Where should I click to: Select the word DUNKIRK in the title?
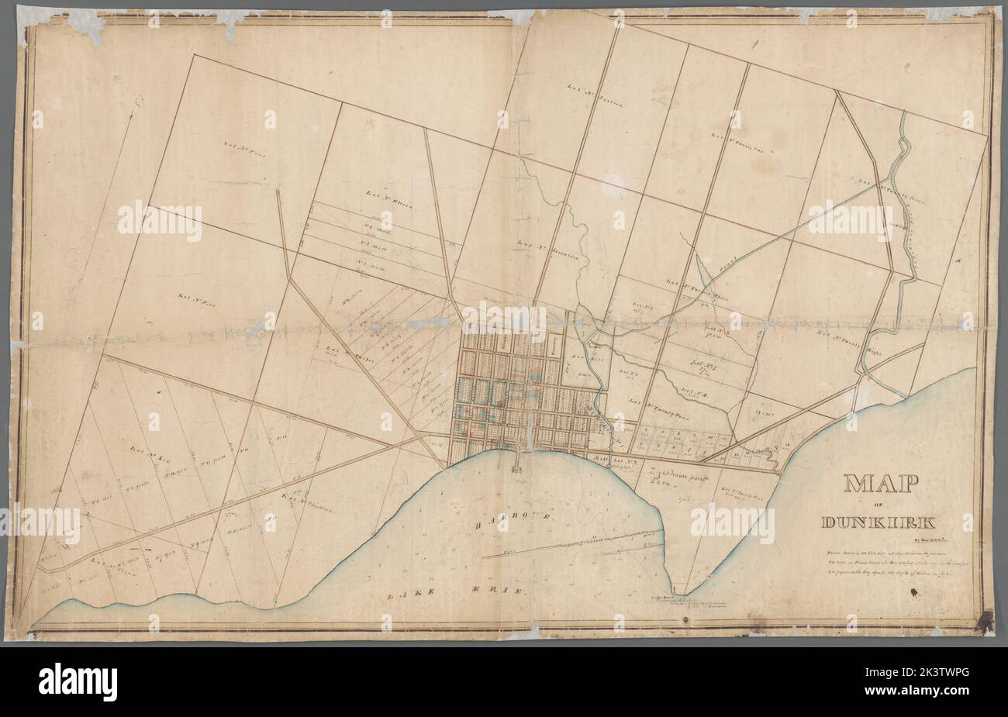pyautogui.click(x=879, y=522)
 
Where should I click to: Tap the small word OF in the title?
pyautogui.click(x=878, y=506)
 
